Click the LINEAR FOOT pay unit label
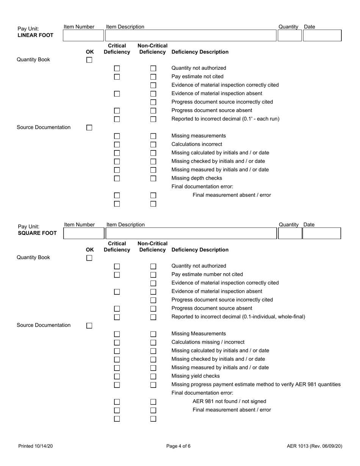click(36, 36)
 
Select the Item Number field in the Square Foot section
click(83, 233)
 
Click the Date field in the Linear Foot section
click(322, 36)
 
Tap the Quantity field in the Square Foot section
click(290, 233)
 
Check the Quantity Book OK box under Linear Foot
click(89, 60)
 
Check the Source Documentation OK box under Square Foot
click(89, 325)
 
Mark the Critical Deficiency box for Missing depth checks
click(117, 178)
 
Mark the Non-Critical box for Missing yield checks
click(153, 376)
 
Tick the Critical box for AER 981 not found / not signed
click(117, 402)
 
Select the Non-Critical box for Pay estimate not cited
click(153, 77)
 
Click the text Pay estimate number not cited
click(207, 274)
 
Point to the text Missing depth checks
click(197, 178)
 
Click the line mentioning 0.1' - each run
click(225, 119)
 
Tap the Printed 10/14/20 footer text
click(36, 446)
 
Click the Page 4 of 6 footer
click(178, 446)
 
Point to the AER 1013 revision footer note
click(315, 446)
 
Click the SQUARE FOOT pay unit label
click(37, 233)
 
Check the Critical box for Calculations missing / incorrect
click(117, 342)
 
